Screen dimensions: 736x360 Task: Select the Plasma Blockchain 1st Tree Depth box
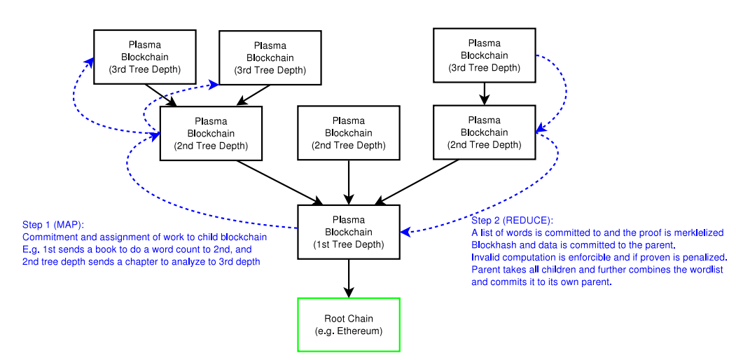coord(349,232)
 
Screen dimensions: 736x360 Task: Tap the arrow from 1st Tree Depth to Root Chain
coord(349,278)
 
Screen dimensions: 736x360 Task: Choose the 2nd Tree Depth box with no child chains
coord(349,133)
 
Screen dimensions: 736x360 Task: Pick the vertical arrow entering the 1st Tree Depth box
coord(349,182)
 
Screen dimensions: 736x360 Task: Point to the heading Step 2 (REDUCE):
coord(512,221)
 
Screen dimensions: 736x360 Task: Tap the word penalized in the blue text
coord(706,258)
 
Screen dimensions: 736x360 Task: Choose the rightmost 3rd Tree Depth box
coord(485,55)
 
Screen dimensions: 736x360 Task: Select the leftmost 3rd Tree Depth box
coord(144,57)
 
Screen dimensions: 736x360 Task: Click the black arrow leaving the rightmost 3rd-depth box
coord(485,93)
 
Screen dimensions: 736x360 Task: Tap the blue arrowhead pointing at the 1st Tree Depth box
coord(405,231)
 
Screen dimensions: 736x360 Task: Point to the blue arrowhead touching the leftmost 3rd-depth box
coord(89,61)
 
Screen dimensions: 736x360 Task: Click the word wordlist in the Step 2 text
coord(707,270)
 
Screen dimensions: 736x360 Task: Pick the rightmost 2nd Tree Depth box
coord(485,132)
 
